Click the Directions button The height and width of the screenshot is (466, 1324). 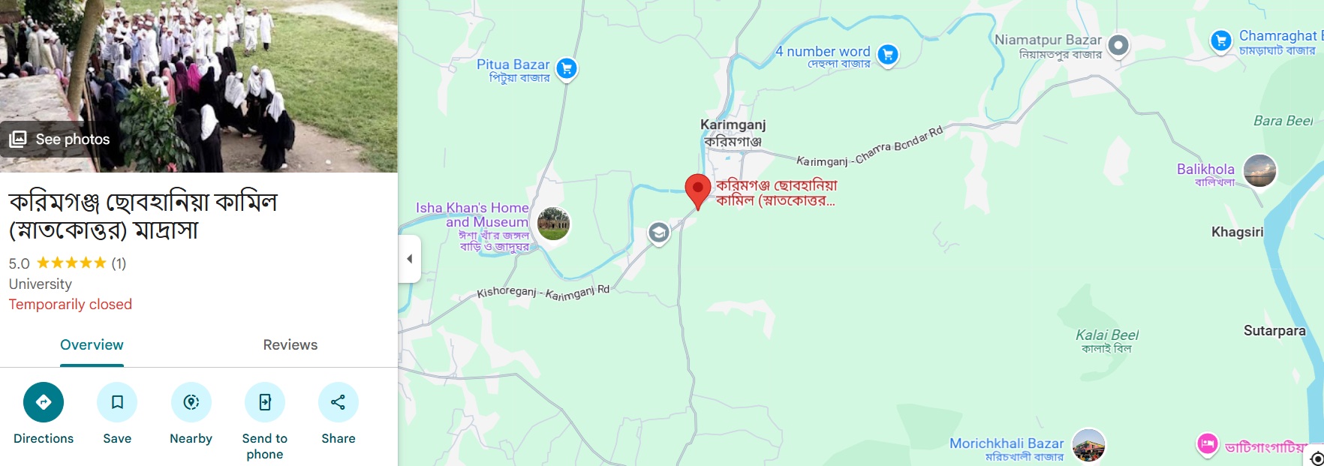click(x=44, y=403)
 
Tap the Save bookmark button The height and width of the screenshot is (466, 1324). click(x=117, y=403)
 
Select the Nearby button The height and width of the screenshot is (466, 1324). click(x=191, y=403)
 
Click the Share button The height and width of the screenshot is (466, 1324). click(x=338, y=403)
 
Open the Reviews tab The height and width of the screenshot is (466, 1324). click(x=290, y=344)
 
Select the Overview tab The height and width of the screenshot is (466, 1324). click(x=92, y=344)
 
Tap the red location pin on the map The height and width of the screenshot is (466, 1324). click(x=697, y=190)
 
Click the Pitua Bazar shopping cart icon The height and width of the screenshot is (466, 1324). click(x=567, y=69)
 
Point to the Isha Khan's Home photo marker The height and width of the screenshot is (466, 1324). click(x=554, y=224)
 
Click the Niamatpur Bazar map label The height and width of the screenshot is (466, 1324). click(x=1048, y=40)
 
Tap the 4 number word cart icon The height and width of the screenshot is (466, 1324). click(x=888, y=54)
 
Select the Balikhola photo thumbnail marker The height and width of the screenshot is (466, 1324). click(x=1259, y=170)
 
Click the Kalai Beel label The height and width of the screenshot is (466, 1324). click(x=1106, y=335)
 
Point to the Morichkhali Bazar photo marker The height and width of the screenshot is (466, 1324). click(x=1088, y=445)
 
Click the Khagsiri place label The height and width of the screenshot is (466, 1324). click(x=1237, y=232)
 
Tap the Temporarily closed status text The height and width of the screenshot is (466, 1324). click(x=71, y=304)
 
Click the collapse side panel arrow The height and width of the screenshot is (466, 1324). click(x=410, y=259)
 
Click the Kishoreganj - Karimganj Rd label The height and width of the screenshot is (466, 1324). click(x=543, y=293)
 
